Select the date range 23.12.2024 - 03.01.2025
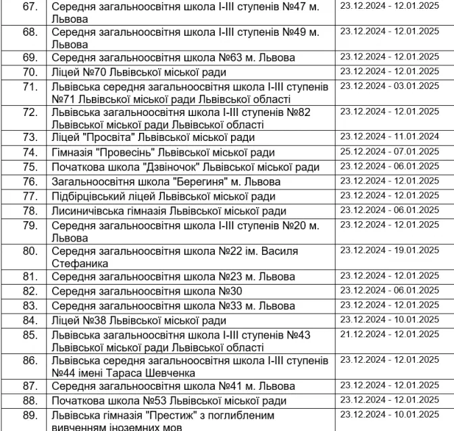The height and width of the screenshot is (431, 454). (389, 86)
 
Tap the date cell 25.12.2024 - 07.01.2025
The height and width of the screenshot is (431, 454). (389, 151)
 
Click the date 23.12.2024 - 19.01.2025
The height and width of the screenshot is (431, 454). (389, 250)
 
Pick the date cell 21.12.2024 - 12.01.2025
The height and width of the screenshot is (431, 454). (389, 334)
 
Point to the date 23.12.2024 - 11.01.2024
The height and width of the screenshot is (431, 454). (389, 136)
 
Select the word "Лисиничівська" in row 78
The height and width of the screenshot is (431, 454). (93, 211)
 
